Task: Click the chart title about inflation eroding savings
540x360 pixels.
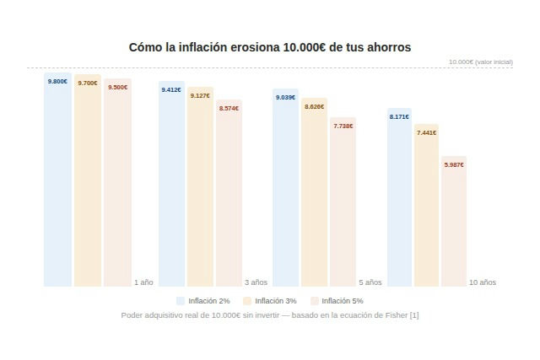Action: pyautogui.click(x=269, y=47)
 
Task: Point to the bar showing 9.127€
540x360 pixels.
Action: pyautogui.click(x=200, y=186)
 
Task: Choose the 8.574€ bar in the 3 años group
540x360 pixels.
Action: pyautogui.click(x=229, y=193)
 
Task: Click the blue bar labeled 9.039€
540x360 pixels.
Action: pyautogui.click(x=285, y=187)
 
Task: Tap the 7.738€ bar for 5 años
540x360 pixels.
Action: pyautogui.click(x=343, y=202)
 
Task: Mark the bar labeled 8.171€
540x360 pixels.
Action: pyautogui.click(x=399, y=197)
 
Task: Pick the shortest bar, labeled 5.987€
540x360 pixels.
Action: pyautogui.click(x=454, y=222)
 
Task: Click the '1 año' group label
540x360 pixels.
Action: pyautogui.click(x=143, y=282)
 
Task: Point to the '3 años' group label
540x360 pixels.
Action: pyautogui.click(x=256, y=282)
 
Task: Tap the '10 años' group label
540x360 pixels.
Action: pyautogui.click(x=483, y=282)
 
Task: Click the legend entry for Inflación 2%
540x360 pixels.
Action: pyautogui.click(x=203, y=301)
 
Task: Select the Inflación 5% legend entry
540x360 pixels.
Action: pyautogui.click(x=337, y=301)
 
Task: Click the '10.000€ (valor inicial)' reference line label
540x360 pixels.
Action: pyautogui.click(x=480, y=62)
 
